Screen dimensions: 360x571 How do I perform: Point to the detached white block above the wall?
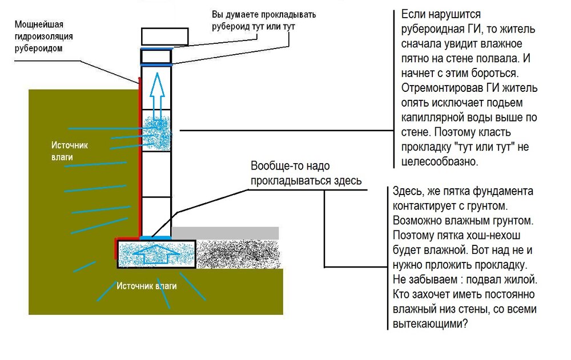pyautogui.click(x=163, y=36)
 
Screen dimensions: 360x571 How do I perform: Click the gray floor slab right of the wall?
pyautogui.click(x=225, y=233)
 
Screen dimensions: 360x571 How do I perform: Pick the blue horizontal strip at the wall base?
pyautogui.click(x=155, y=237)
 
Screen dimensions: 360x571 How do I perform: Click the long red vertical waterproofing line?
pyautogui.click(x=139, y=154)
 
